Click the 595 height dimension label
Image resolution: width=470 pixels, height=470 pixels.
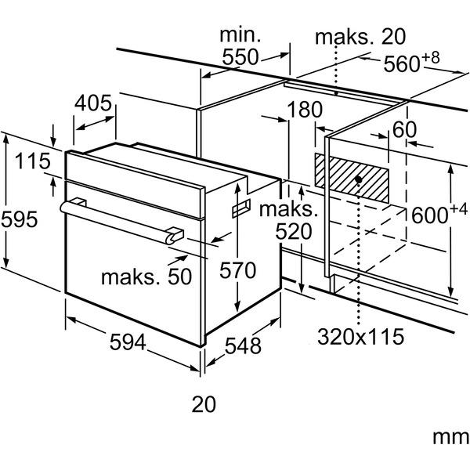20,219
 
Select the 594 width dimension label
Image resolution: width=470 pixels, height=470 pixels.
128,342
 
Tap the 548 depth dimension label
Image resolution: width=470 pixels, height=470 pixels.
243,345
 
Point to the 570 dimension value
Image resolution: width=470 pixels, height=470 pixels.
237,270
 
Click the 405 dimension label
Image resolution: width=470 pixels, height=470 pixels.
93,103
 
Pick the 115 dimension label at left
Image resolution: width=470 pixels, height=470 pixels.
33,161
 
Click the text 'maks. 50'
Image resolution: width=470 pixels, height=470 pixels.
146,277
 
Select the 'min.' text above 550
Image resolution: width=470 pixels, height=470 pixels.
240,35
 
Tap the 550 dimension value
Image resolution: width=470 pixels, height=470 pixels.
240,57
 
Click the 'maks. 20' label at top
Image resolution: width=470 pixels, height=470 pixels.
360,37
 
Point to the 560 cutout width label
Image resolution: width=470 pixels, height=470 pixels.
411,61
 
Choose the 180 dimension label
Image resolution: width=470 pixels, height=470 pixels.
305,110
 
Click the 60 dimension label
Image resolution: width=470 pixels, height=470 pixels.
404,129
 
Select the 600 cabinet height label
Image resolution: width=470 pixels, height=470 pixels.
439,212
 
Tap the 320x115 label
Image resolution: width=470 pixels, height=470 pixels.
360,337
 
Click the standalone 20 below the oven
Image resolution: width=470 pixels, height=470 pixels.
204,404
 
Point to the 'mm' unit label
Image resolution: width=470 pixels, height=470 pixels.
450,438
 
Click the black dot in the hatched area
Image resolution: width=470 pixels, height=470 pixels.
358,179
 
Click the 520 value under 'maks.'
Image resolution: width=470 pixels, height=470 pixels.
294,231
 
